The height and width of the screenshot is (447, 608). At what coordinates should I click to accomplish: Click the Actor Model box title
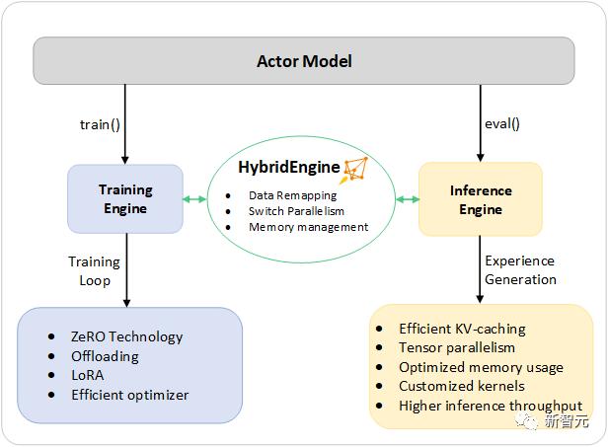tap(304, 61)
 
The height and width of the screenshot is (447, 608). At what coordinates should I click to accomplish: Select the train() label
tap(102, 124)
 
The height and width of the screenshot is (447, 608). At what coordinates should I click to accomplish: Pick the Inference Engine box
tap(480, 199)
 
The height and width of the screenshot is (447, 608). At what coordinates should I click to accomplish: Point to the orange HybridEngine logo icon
tap(353, 169)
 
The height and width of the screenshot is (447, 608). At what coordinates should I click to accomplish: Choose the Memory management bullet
tap(308, 227)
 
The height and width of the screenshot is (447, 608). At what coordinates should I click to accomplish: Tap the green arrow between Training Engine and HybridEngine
tap(195, 200)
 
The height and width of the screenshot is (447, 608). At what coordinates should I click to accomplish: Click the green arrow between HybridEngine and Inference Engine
tap(407, 200)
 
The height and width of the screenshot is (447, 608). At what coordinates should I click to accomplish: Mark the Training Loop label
tap(94, 270)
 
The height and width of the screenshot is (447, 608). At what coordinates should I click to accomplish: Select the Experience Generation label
tap(519, 270)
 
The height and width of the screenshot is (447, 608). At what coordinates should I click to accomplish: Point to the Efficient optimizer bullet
tap(128, 395)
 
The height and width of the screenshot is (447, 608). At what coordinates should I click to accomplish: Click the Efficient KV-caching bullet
tap(462, 329)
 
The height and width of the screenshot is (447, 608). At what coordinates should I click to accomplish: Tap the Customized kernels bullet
tap(461, 386)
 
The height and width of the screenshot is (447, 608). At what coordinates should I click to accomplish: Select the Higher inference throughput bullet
tap(490, 406)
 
